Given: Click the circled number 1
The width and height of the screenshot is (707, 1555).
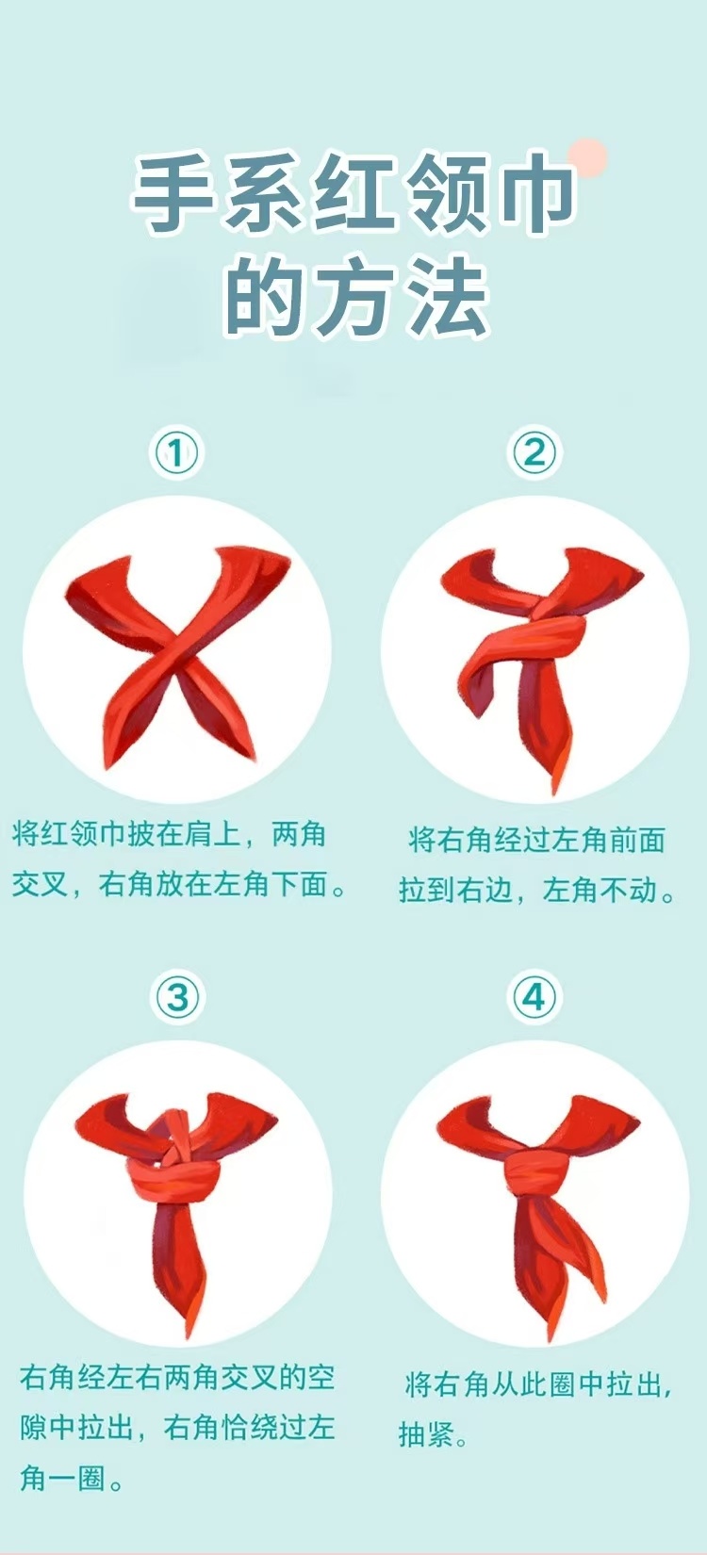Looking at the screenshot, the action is coord(176,453).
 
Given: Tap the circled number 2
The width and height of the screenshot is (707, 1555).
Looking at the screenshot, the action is coord(534,453).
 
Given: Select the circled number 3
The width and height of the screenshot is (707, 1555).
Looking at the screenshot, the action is coord(177,998).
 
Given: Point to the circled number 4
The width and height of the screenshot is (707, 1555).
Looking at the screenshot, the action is coord(534,998).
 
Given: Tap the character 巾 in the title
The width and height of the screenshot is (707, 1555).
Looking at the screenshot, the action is coord(536,196).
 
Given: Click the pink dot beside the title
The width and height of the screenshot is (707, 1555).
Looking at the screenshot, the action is coord(587,158).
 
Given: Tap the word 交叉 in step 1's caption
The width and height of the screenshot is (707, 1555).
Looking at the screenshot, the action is coord(40,884).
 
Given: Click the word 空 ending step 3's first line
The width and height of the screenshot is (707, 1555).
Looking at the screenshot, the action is coord(321,1377).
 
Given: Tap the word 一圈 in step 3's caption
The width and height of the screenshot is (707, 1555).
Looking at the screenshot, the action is coord(77,1478).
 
